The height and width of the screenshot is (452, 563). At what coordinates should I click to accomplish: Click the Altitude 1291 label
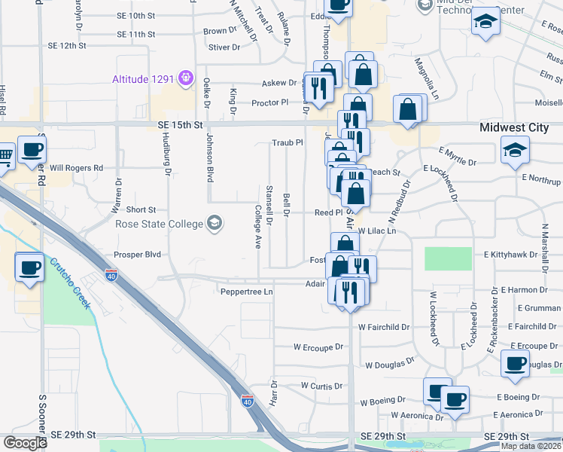click(x=143, y=78)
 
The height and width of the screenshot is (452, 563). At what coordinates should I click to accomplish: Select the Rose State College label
click(x=159, y=224)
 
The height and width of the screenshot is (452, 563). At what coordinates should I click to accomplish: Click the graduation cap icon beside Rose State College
click(x=215, y=223)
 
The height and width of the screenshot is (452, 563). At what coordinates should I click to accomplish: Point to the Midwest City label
click(x=514, y=127)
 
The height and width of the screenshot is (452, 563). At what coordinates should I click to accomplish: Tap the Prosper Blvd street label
click(x=138, y=255)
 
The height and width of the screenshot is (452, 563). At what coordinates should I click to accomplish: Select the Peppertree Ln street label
click(x=245, y=291)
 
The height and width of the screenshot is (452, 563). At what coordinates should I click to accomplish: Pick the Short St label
click(x=141, y=209)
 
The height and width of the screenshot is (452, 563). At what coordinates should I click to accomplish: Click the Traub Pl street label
click(x=287, y=142)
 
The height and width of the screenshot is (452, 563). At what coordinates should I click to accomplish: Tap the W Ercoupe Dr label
click(x=318, y=347)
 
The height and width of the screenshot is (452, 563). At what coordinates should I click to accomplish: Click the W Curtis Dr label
click(x=321, y=385)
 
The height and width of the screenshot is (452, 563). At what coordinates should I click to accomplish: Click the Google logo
click(x=24, y=443)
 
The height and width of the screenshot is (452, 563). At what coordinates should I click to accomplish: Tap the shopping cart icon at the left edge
click(x=5, y=156)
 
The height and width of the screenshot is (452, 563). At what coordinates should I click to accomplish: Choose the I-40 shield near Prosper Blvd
click(x=111, y=275)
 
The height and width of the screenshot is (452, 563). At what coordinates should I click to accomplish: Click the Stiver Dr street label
click(x=224, y=47)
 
